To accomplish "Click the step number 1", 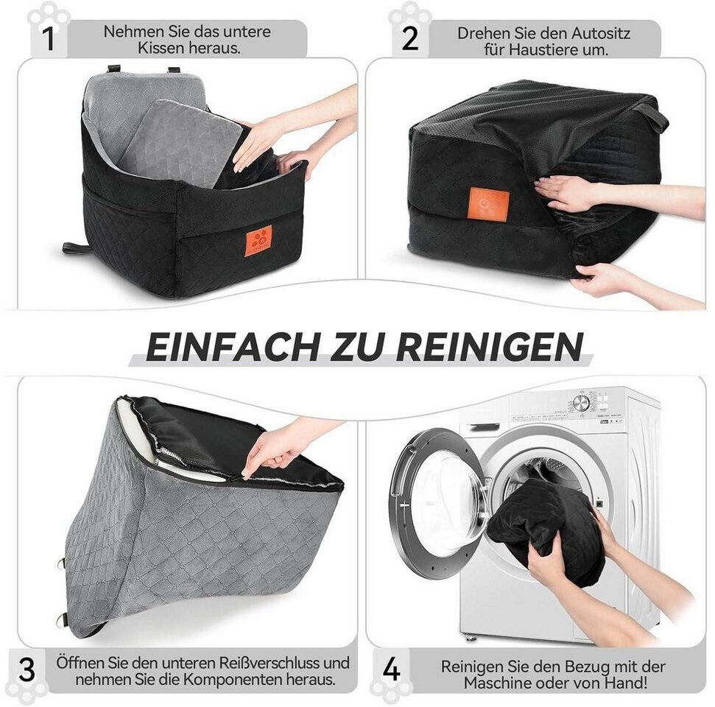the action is [49, 39].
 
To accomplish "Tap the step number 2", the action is [409, 39].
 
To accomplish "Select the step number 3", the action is [27, 670].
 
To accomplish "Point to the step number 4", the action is [392, 670].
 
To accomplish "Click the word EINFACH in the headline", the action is [232, 347].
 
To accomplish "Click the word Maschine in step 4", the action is [495, 683].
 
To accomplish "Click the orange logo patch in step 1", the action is [258, 241].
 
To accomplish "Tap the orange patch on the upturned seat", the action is [489, 203].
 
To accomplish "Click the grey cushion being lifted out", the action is [180, 144].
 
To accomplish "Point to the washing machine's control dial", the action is [581, 403].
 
